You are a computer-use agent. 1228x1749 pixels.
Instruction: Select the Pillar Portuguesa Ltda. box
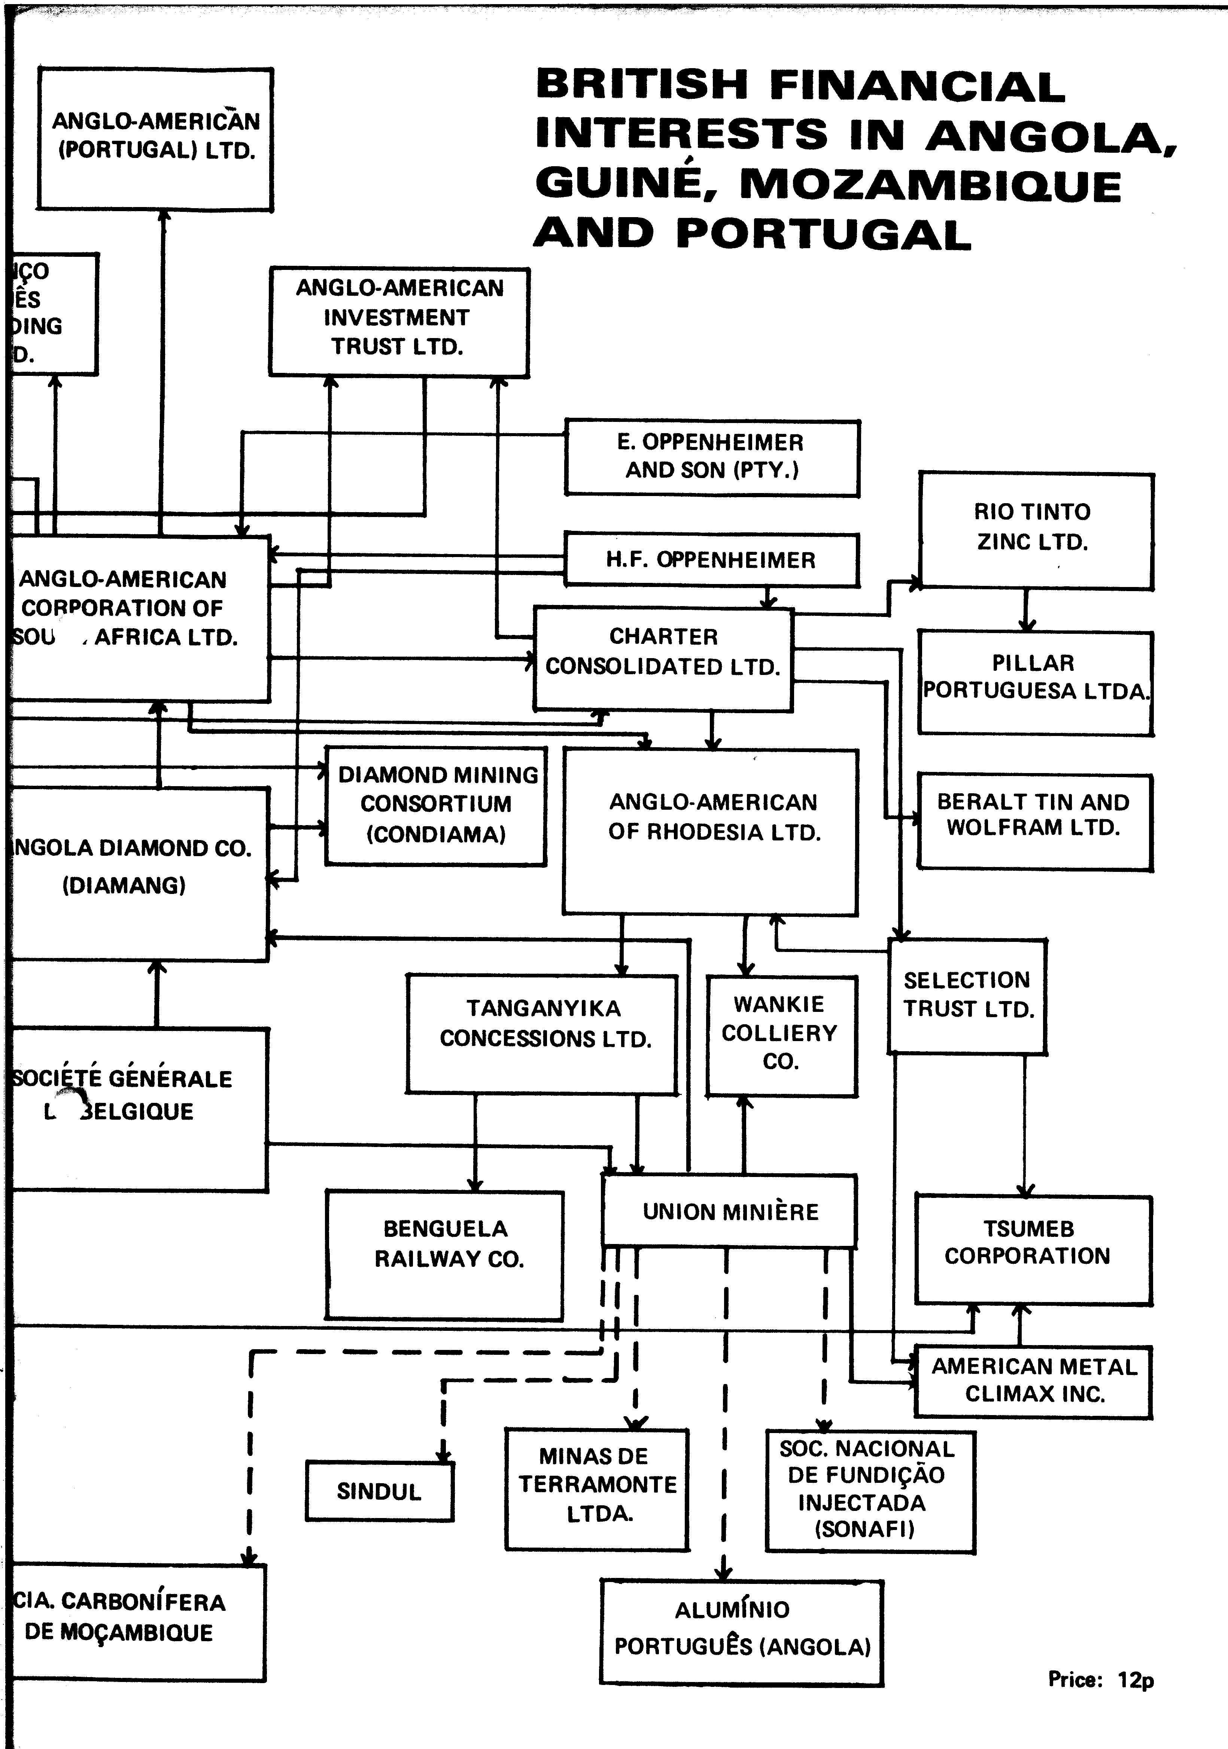(x=1035, y=682)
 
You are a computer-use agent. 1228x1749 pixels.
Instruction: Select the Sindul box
(x=379, y=1491)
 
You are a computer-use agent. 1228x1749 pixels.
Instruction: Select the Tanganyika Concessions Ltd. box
(x=542, y=1034)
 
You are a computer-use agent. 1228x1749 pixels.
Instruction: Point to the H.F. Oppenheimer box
(x=711, y=560)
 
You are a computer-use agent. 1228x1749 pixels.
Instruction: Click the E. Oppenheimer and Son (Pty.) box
(x=711, y=457)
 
